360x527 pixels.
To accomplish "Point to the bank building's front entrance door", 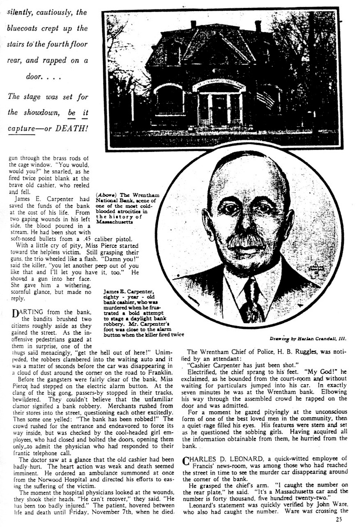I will point(219,109).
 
